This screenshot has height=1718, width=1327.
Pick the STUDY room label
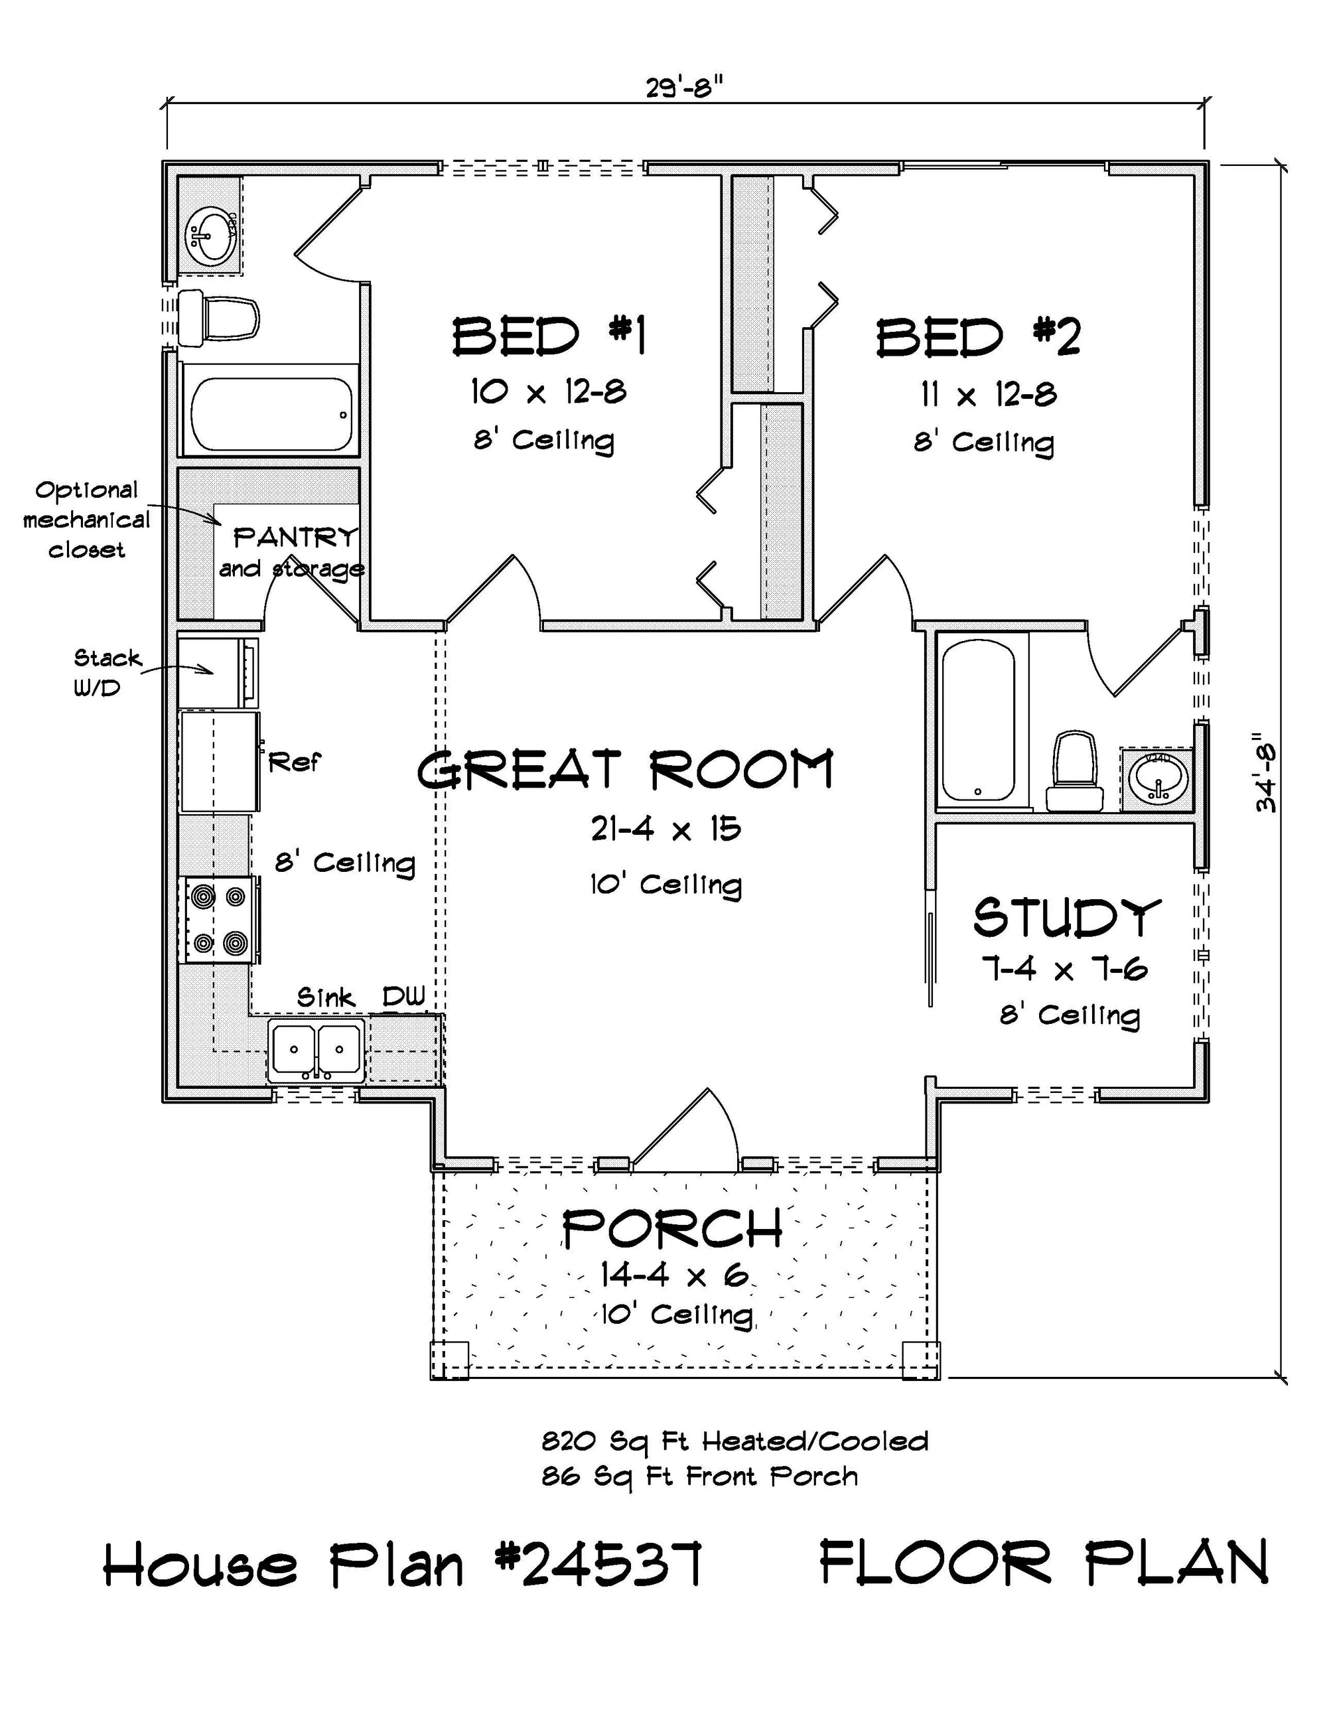tap(1067, 917)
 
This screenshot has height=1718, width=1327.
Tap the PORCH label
tap(673, 1229)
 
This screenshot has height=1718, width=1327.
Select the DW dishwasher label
tap(403, 997)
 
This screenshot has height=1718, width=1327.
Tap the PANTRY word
tap(295, 538)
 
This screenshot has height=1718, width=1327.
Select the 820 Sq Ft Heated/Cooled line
tap(734, 1442)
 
